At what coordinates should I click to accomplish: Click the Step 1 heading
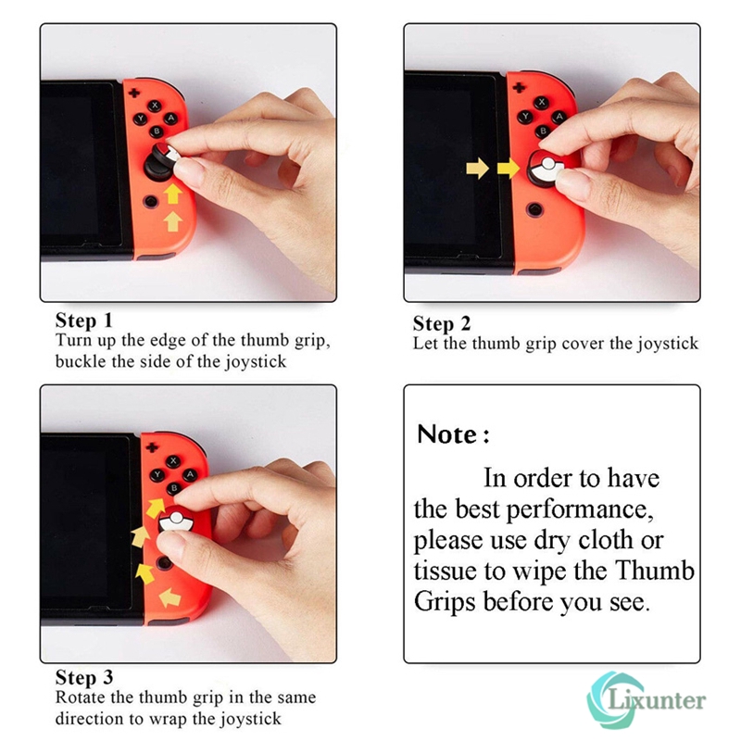coord(83,320)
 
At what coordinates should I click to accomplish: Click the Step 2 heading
coord(442,323)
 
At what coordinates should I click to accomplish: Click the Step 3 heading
coord(83,678)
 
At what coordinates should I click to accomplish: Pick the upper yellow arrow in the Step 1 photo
coord(173,194)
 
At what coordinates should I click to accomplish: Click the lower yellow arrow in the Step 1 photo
coord(173,220)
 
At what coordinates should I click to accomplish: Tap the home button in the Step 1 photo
coord(149,201)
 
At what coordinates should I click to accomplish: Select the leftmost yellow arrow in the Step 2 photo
coord(477,168)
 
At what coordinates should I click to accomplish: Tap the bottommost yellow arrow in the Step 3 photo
coord(170,598)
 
